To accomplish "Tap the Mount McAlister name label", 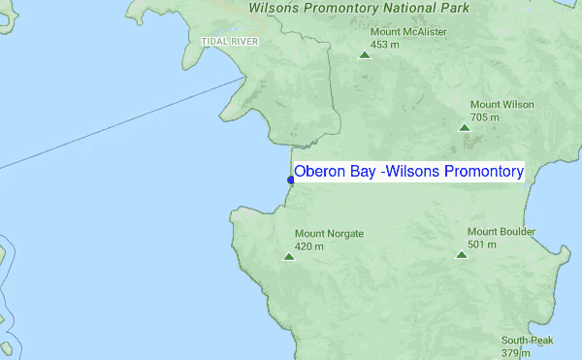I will pyautogui.click(x=408, y=31).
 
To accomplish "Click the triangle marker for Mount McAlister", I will pyautogui.click(x=365, y=54).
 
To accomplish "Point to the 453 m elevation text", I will pyautogui.click(x=386, y=44).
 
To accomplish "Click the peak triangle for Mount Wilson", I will pyautogui.click(x=465, y=127).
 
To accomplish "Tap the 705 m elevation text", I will pyautogui.click(x=486, y=117).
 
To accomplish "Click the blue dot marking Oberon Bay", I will pyautogui.click(x=291, y=180).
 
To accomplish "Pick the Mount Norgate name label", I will pyautogui.click(x=329, y=234).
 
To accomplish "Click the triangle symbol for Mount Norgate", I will pyautogui.click(x=288, y=256).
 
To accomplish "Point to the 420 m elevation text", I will pyautogui.click(x=310, y=246).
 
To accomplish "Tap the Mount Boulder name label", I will pyautogui.click(x=501, y=232).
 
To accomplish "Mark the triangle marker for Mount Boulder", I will pyautogui.click(x=461, y=254).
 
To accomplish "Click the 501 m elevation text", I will pyautogui.click(x=482, y=245).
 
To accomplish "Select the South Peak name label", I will pyautogui.click(x=527, y=341).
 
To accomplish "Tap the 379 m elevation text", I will pyautogui.click(x=515, y=353).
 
